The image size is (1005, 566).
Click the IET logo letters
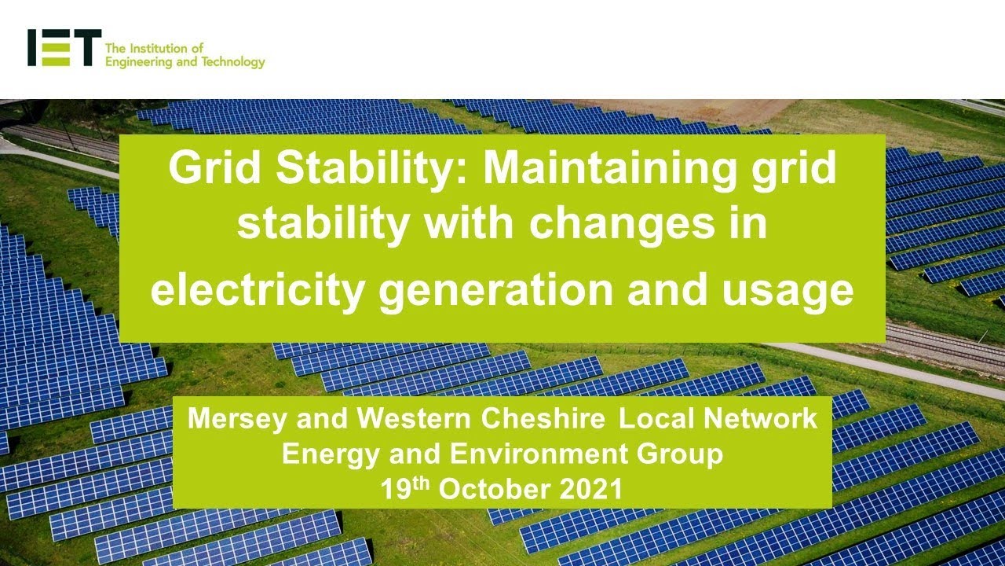[64, 48]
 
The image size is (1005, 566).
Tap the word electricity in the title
[258, 289]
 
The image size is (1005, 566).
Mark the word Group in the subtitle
[683, 454]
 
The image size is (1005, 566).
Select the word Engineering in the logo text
[138, 62]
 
